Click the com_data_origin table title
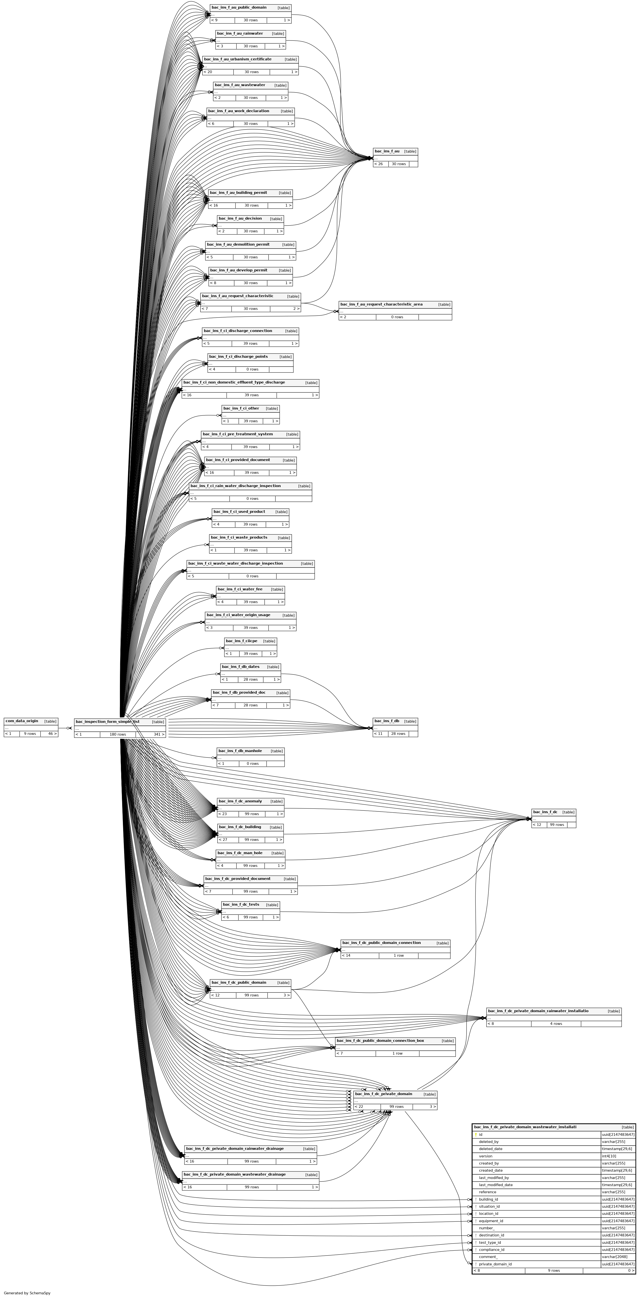[22, 721]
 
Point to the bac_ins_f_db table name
[387, 721]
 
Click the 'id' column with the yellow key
[481, 1134]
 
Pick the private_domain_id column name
[495, 1264]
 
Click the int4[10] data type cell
[609, 1156]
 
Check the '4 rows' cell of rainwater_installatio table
[556, 1023]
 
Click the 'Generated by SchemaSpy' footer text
[27, 1293]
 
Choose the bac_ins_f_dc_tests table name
[241, 904]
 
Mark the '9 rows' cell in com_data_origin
[30, 734]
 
